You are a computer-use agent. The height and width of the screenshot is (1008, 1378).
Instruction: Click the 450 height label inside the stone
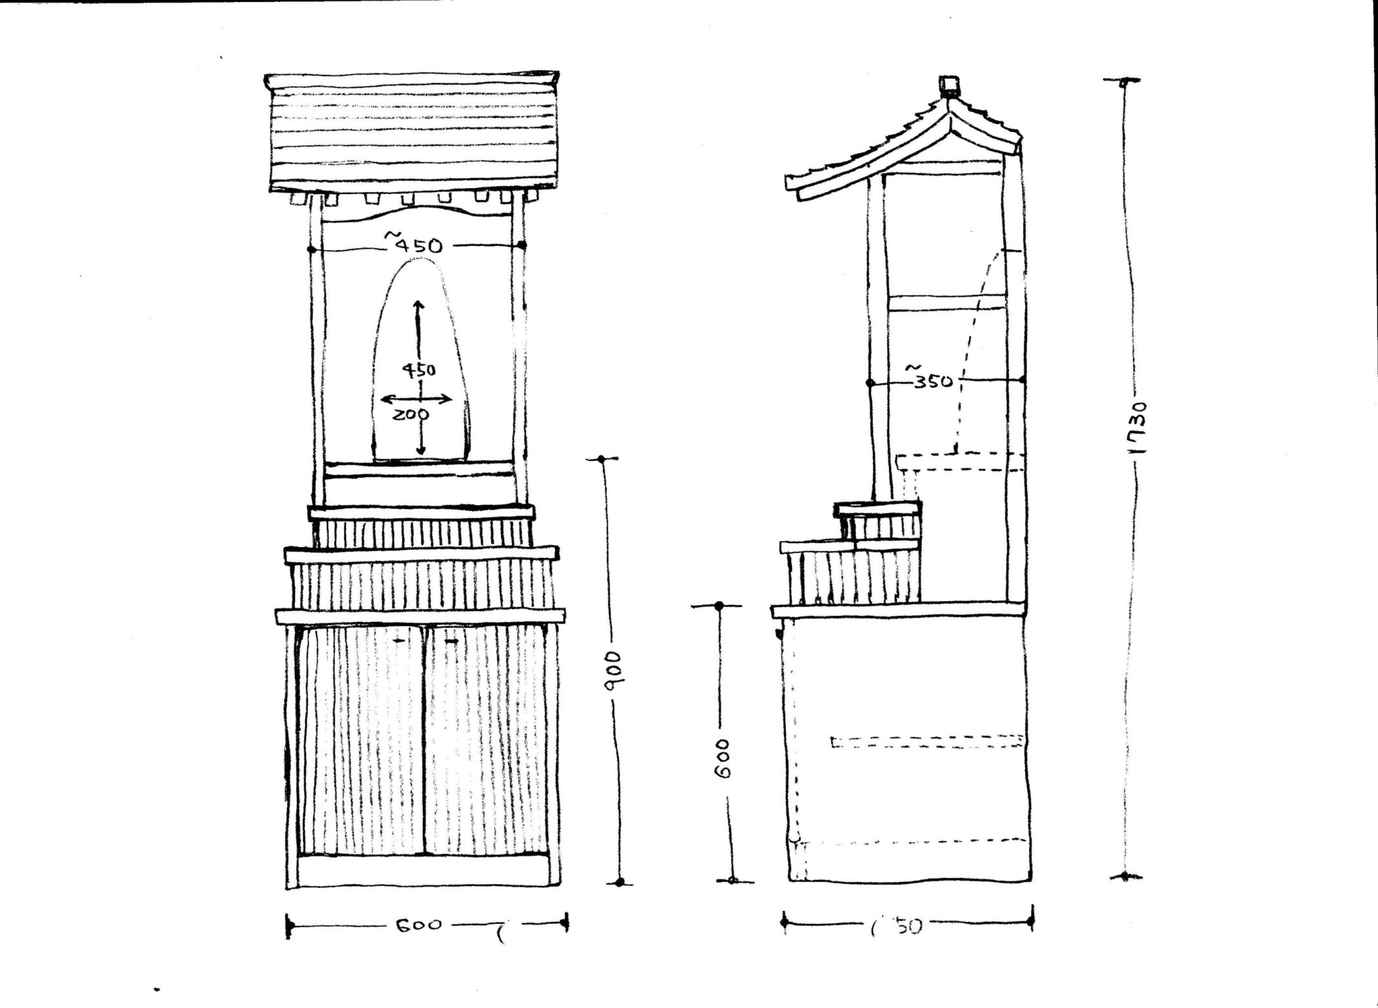tap(419, 370)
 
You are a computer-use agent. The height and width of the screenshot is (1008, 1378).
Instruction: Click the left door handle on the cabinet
tap(402, 641)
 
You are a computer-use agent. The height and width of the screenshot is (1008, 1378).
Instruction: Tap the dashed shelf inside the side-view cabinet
tap(927, 741)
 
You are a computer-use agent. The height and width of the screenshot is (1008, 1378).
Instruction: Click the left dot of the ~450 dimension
tap(312, 248)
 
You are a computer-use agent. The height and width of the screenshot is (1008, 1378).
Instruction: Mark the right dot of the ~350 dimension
tap(1022, 380)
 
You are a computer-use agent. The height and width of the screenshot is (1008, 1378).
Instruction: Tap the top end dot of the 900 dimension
tap(602, 459)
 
